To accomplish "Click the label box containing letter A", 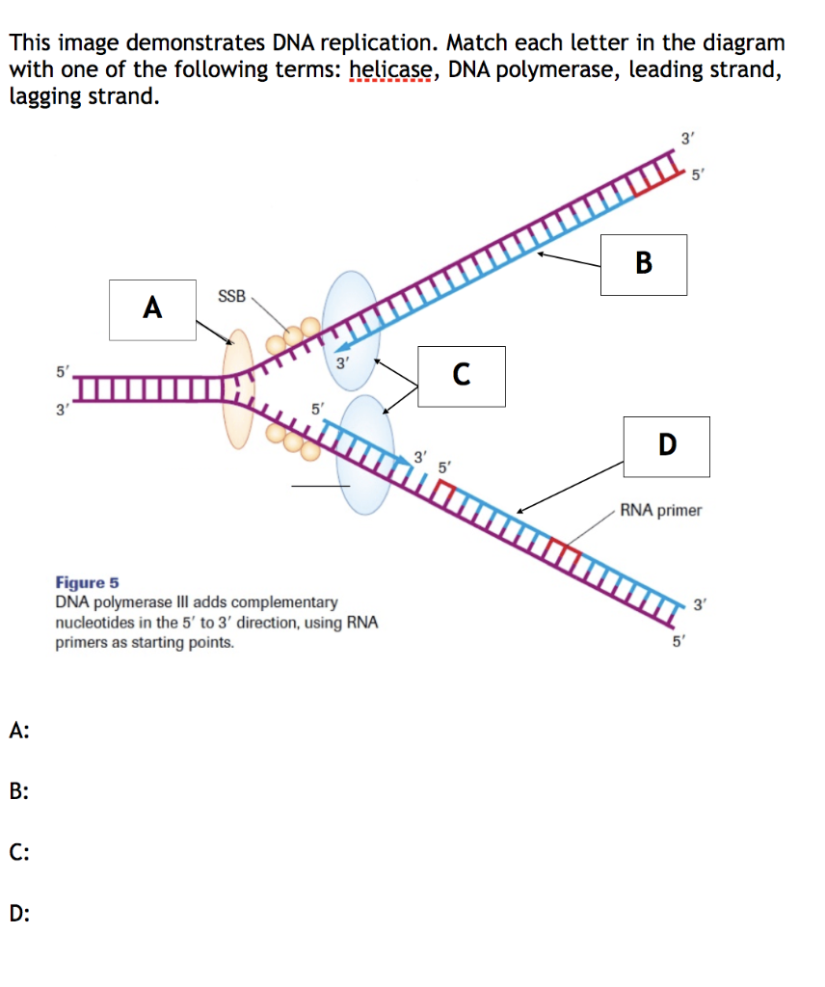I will click(151, 308).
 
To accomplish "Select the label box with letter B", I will click(644, 263).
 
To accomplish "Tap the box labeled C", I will click(462, 375).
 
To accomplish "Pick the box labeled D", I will click(666, 445).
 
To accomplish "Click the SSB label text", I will click(231, 295).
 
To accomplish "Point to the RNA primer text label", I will click(661, 510).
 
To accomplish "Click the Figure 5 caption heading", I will click(88, 583).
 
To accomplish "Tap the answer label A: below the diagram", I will click(19, 731).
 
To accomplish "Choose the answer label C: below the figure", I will click(19, 852).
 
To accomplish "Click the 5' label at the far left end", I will click(63, 370).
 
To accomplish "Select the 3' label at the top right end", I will click(686, 138).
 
